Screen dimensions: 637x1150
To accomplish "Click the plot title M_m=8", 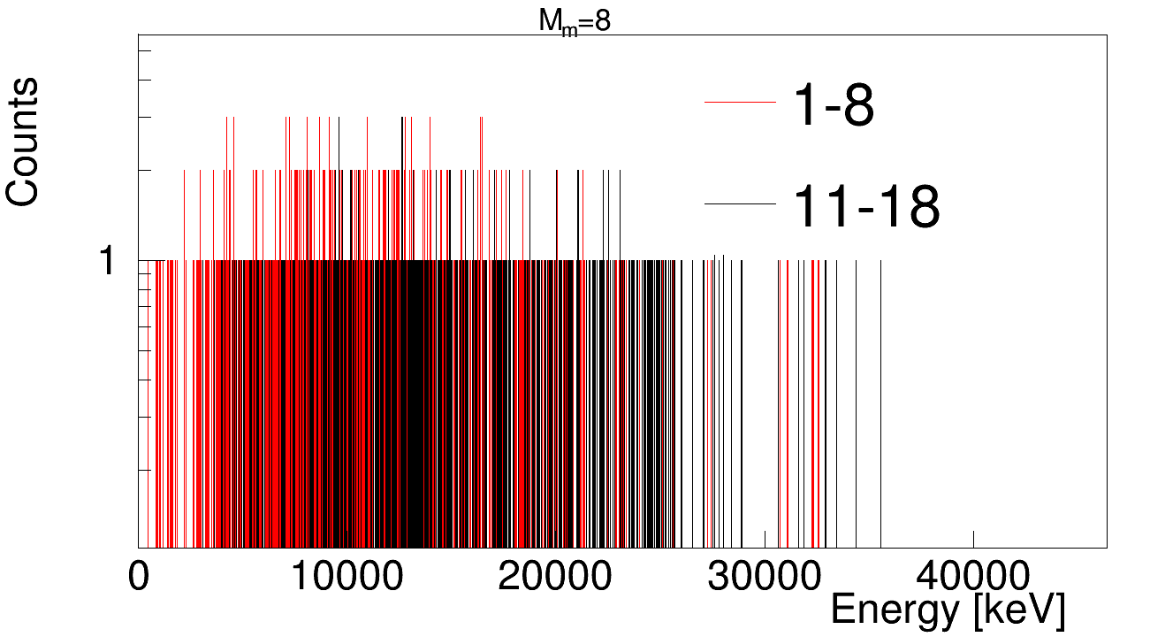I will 575,21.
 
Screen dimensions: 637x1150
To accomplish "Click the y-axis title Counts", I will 24,142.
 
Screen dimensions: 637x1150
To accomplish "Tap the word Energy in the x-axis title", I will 895,610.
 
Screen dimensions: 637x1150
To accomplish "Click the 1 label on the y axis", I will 107,261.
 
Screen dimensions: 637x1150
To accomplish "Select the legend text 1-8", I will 834,106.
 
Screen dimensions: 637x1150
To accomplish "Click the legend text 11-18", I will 866,207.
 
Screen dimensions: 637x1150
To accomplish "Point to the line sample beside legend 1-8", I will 740,104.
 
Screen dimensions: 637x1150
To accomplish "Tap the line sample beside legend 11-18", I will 740,204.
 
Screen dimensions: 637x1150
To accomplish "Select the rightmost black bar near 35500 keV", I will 880,398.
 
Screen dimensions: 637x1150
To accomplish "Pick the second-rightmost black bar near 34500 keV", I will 857,398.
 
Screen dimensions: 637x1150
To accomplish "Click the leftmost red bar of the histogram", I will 156,398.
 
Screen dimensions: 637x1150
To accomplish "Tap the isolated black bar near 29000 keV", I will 742,398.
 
